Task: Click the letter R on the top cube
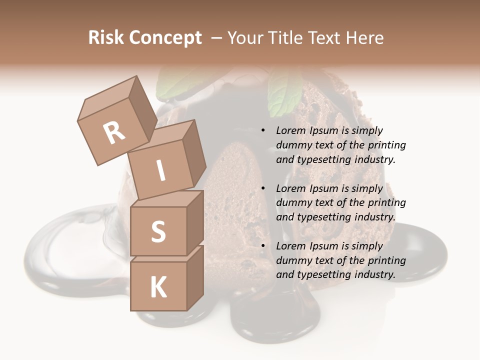114,132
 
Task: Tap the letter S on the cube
158,231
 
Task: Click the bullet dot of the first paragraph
263,131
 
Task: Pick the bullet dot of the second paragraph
263,189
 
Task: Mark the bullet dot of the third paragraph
263,246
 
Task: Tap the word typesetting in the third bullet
321,274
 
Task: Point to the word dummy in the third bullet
292,260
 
